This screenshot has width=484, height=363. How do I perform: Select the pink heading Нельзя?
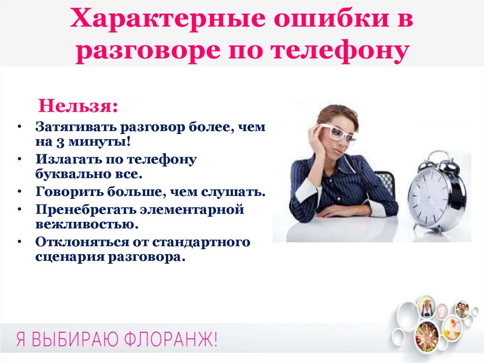(x=78, y=106)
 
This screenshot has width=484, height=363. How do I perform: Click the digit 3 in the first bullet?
(x=60, y=142)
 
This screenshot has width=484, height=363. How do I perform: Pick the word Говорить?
(x=69, y=191)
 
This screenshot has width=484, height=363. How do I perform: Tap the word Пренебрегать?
(x=85, y=209)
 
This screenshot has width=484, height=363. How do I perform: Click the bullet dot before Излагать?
(x=20, y=159)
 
